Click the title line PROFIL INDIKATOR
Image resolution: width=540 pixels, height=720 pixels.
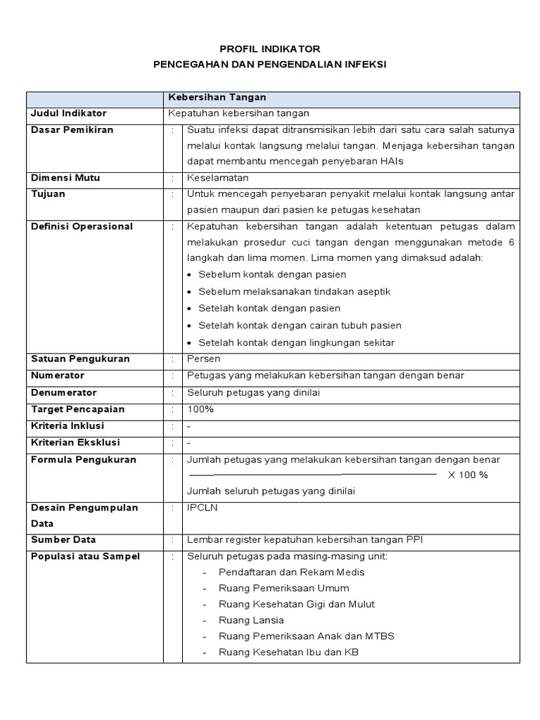pos(270,49)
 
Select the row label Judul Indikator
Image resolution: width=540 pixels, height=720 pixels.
pos(67,113)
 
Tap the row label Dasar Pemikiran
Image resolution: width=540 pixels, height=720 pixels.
pos(72,129)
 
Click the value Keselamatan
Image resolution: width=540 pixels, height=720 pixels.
pos(218,178)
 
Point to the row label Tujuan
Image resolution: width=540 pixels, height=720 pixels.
pos(49,194)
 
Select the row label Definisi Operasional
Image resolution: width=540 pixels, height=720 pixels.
pos(82,226)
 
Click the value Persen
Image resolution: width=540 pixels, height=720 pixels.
pos(204,359)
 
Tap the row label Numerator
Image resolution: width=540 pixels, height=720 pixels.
pos(58,375)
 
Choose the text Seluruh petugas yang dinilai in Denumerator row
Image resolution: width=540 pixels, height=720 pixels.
pos(253,392)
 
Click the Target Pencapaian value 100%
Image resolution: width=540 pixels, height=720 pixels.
pos(200,409)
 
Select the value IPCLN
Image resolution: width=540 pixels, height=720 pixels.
pos(202,507)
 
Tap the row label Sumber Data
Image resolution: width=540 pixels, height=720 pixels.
pos(63,539)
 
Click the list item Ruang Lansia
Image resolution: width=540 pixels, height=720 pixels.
pos(251,620)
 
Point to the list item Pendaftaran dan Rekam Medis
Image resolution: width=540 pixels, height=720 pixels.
pos(291,572)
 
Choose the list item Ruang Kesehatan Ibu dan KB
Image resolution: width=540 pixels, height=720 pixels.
pos(288,652)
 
